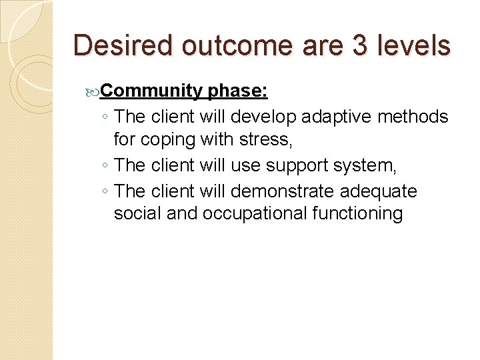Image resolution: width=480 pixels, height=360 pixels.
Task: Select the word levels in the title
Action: tap(415, 45)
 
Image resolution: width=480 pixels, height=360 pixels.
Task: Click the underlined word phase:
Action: tap(238, 91)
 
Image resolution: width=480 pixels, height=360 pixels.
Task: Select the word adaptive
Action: tap(337, 117)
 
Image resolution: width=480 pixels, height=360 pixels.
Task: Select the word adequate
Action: tap(378, 192)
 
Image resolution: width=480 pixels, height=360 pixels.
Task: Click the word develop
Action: tap(263, 117)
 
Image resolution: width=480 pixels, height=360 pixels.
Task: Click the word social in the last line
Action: tap(136, 214)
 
